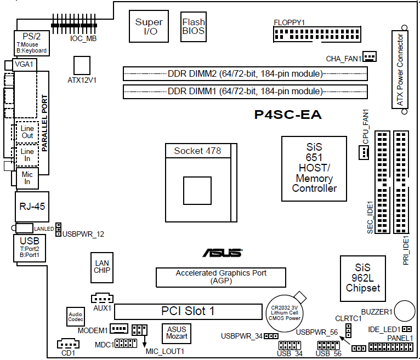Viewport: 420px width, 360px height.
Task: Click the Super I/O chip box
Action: (149, 26)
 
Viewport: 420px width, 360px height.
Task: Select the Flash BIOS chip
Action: (194, 26)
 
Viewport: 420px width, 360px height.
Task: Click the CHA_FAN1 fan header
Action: (370, 56)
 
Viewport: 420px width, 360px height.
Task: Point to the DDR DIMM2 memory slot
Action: (245, 73)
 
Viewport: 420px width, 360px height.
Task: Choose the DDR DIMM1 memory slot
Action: (245, 91)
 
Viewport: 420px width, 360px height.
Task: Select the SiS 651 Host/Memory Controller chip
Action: (314, 168)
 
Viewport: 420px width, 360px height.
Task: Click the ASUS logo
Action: (222, 253)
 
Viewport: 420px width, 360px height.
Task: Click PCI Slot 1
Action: (188, 311)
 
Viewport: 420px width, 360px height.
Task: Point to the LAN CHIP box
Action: (102, 267)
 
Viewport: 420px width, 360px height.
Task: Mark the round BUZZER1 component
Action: (405, 310)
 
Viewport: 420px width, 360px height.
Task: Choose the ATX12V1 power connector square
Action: (82, 64)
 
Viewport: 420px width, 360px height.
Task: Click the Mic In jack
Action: (27, 178)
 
